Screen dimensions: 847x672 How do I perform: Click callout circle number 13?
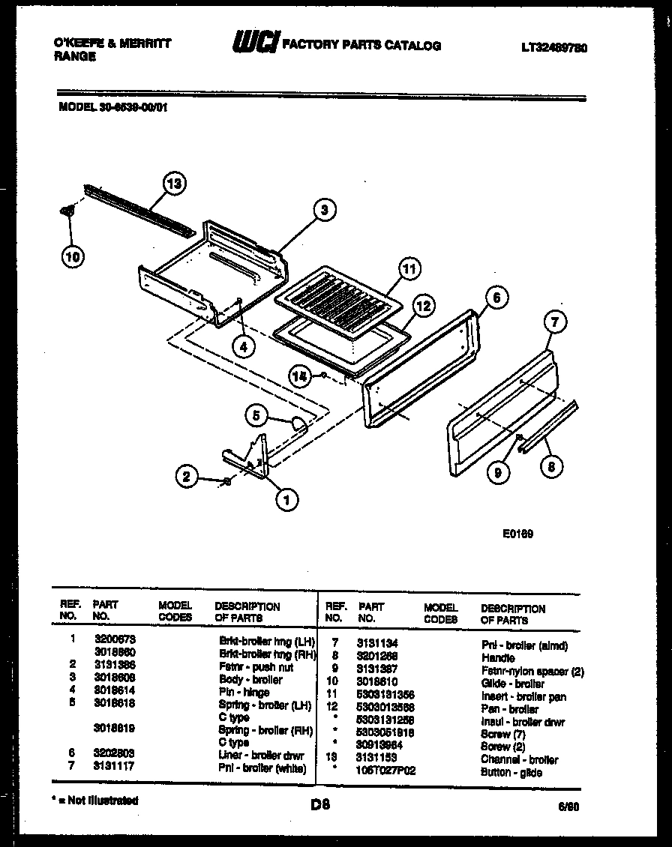pos(175,184)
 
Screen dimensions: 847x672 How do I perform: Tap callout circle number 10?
pos(72,256)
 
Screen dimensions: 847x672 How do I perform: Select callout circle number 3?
pos(324,211)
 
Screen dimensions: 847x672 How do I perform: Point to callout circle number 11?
pos(409,268)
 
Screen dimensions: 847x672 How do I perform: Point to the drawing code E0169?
pos(517,534)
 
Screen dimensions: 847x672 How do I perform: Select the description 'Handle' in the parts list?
pos(498,657)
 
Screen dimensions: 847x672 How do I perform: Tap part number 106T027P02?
pos(386,771)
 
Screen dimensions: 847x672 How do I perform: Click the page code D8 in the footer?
pos(320,805)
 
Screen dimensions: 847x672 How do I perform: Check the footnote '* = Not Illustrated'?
pos(94,801)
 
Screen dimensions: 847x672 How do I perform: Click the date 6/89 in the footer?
pos(568,807)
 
